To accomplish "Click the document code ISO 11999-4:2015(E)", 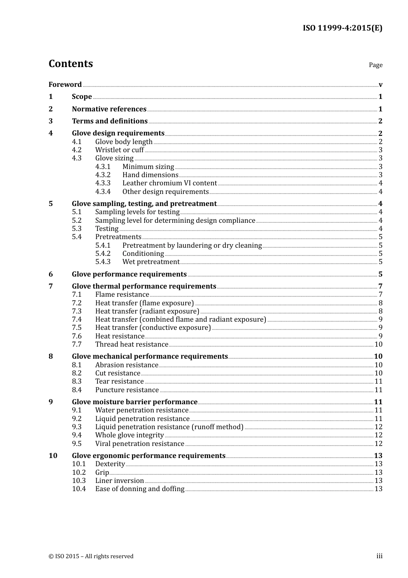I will (x=342, y=28).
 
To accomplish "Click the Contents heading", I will (x=70, y=64).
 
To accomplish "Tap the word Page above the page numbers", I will (x=375, y=65).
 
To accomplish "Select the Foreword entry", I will (x=65, y=85).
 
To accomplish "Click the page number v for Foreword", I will (x=381, y=85).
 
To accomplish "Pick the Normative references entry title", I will (x=109, y=109).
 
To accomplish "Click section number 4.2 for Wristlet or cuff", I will (x=77, y=150).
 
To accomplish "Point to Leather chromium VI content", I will (x=170, y=183).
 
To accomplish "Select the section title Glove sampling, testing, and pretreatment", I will (x=144, y=204).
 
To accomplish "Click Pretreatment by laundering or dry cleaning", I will (x=192, y=246).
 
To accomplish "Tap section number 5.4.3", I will (x=103, y=262).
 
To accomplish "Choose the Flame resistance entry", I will (x=122, y=295).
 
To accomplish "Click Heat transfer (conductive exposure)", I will (x=153, y=328).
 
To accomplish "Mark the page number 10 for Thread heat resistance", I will (x=378, y=344).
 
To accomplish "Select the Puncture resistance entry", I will (x=127, y=390).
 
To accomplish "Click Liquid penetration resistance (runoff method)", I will (x=169, y=427).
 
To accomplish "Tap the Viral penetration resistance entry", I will (x=140, y=444).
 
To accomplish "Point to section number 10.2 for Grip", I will (x=79, y=473).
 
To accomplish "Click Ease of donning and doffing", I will (x=140, y=489).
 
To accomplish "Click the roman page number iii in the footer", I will (x=380, y=556).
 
